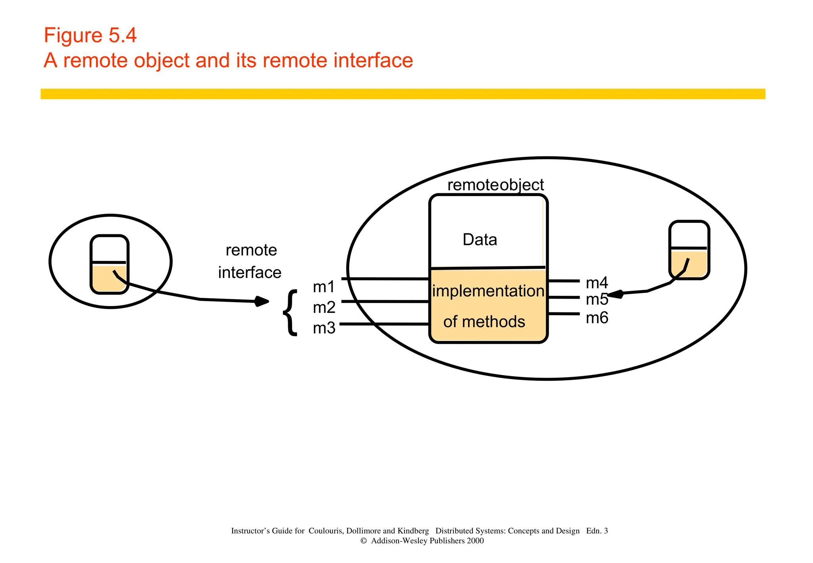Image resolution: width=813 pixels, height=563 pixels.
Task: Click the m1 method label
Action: click(x=324, y=287)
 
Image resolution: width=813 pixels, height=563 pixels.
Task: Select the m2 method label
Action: click(x=324, y=307)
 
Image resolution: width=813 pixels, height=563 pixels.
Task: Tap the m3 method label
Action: click(x=324, y=328)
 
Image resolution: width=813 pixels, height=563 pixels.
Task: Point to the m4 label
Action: click(x=597, y=283)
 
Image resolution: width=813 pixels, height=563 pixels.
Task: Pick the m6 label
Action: click(x=597, y=318)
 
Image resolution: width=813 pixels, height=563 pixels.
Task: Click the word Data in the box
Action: click(x=480, y=239)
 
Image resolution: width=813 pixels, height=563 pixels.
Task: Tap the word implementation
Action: click(x=488, y=291)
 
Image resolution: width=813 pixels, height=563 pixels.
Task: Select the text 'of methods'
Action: click(x=484, y=321)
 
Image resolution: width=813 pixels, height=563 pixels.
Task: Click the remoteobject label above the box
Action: click(x=495, y=185)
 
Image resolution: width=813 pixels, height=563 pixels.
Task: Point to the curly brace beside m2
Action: click(x=291, y=312)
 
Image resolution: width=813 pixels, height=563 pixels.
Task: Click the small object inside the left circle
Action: click(x=110, y=264)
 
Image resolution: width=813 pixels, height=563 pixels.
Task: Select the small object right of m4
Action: click(x=689, y=250)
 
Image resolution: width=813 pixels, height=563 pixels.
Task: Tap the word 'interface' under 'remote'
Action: click(x=250, y=272)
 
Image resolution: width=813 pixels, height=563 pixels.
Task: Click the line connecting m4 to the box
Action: click(x=563, y=281)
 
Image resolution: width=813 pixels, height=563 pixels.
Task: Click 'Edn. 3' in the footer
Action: click(x=597, y=530)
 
